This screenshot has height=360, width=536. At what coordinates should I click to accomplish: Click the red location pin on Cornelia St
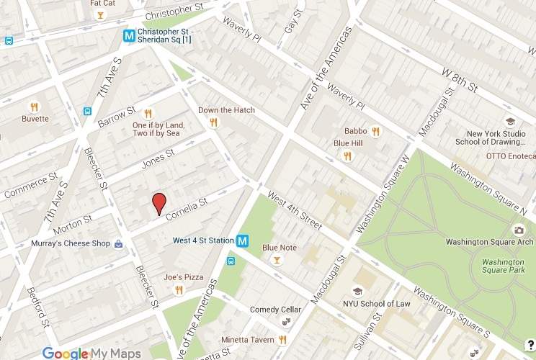click(x=160, y=203)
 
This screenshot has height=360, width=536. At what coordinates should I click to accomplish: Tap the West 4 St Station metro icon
click(x=244, y=241)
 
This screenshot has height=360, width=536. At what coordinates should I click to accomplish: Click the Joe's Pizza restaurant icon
click(x=178, y=290)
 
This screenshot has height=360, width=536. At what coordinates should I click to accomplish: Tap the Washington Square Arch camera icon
click(x=517, y=230)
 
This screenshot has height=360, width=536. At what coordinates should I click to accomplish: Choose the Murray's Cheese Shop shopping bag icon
click(x=118, y=244)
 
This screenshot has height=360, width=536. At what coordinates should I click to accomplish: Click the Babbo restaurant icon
click(x=375, y=132)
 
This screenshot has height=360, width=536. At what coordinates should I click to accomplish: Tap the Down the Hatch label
click(x=226, y=110)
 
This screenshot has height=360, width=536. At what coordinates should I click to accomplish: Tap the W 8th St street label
click(x=459, y=80)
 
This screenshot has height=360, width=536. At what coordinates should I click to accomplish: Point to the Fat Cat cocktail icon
click(x=100, y=15)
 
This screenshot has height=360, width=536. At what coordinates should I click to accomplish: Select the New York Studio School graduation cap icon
click(x=510, y=122)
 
